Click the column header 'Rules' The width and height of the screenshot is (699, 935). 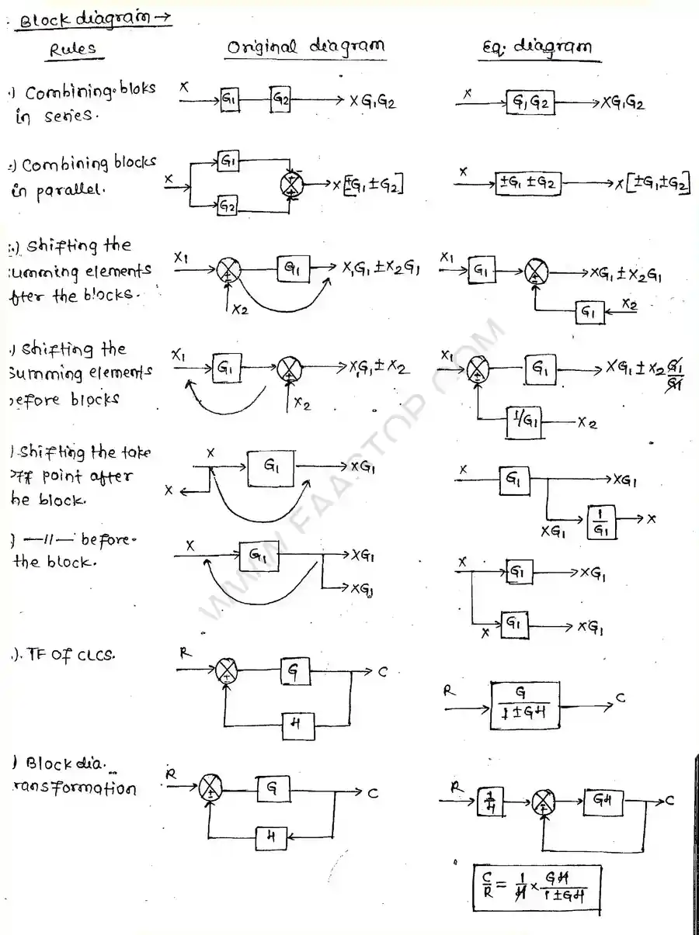74,49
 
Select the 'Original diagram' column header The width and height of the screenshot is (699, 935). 305,47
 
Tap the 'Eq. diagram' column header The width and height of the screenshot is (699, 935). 537,47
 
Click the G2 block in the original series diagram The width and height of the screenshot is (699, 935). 280,99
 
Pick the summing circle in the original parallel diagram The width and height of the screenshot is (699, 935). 292,185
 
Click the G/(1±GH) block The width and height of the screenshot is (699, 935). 525,706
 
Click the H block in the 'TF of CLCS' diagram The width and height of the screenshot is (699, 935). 297,727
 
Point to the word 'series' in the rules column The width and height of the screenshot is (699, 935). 68,116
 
